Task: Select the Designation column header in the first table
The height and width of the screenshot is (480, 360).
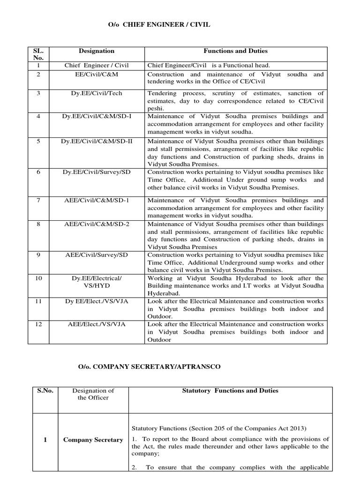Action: [x=96, y=51]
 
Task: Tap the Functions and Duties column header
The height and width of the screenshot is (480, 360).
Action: [x=235, y=51]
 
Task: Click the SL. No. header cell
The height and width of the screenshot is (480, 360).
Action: [x=38, y=54]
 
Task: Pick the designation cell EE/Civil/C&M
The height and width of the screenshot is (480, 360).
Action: [x=96, y=75]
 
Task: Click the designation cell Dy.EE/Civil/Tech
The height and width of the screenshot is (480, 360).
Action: [x=96, y=93]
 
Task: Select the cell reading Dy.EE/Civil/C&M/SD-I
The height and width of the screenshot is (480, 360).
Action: [x=96, y=116]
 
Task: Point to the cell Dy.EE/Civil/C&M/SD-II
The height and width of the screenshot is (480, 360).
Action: [x=96, y=142]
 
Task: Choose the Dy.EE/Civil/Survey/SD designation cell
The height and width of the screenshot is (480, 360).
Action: [x=96, y=172]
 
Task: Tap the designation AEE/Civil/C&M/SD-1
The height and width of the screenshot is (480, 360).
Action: [x=96, y=200]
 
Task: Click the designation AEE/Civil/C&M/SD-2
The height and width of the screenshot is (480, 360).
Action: [x=96, y=224]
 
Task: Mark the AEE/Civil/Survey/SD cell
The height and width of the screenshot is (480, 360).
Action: [x=96, y=255]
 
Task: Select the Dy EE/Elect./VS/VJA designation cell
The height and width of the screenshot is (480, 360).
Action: [x=96, y=301]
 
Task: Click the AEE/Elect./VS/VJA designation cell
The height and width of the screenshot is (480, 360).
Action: [x=96, y=324]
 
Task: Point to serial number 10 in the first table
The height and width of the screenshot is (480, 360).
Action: [x=38, y=278]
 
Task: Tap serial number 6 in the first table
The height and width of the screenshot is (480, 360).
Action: [x=38, y=172]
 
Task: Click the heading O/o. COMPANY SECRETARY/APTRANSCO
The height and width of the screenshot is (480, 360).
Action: [x=149, y=367]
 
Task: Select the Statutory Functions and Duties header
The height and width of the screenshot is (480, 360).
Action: [x=230, y=390]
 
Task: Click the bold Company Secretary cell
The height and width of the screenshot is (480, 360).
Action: [x=93, y=440]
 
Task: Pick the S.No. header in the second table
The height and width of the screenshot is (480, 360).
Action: [x=45, y=390]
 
